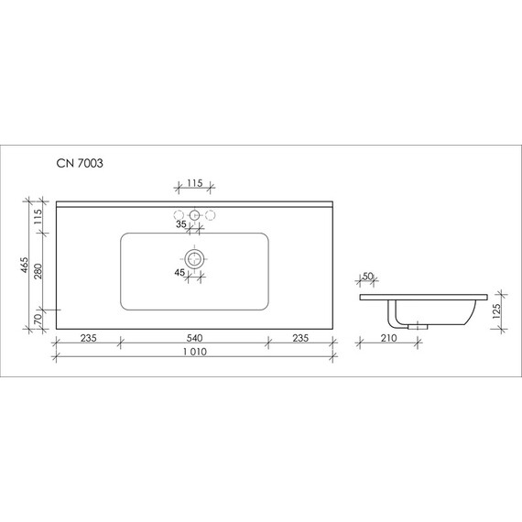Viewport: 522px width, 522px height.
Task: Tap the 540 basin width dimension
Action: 194,336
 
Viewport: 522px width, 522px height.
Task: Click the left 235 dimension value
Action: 87,336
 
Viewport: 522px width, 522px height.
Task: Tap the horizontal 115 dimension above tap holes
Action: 194,183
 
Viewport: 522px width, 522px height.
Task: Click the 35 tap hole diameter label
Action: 181,223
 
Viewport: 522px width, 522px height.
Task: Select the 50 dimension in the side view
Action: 368,276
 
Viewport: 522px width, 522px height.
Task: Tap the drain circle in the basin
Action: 194,259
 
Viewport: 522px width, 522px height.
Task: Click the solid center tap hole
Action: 194,215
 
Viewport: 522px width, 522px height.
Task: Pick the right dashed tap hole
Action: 210,215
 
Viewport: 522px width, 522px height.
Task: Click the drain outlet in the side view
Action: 419,324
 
